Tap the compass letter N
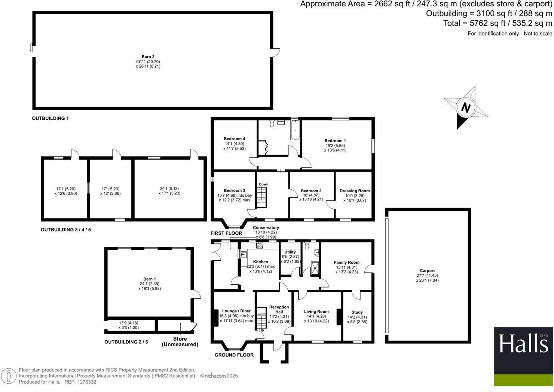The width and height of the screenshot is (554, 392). [465, 108]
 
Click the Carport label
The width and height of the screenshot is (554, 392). [427, 270]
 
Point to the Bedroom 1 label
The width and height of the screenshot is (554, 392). [335, 141]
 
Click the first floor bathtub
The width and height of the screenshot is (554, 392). [296, 131]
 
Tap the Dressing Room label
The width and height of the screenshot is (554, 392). [354, 191]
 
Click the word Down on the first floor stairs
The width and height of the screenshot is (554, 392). [263, 184]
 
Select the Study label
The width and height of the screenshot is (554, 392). [357, 312]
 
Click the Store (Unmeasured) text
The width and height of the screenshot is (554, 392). [180, 342]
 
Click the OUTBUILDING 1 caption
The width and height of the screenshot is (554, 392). [50, 118]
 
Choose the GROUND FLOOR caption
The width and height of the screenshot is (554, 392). [234, 355]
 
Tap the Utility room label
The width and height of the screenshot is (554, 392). [290, 252]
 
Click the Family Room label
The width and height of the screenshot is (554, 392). [346, 263]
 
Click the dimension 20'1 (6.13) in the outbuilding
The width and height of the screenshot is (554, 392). [169, 189]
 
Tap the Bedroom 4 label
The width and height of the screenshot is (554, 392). [234, 139]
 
